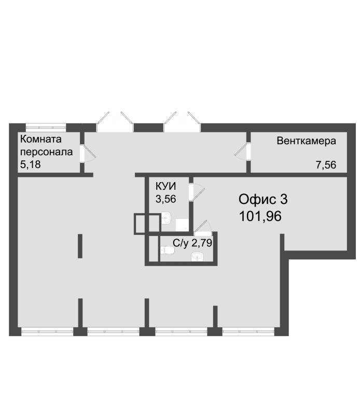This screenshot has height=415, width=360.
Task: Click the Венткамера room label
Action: (x=306, y=141)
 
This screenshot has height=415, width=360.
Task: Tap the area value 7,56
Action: (x=326, y=165)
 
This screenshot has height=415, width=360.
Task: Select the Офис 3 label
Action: (x=263, y=199)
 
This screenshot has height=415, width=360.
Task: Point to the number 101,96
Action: (x=260, y=216)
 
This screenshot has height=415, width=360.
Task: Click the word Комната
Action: (x=41, y=139)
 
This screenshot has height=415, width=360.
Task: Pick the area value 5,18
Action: (x=31, y=164)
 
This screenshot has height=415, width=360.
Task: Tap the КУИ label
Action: (x=165, y=186)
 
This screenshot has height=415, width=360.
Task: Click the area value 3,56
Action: (x=165, y=199)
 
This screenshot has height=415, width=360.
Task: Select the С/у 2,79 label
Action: (x=192, y=243)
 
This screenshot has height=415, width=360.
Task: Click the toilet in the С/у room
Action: (x=168, y=250)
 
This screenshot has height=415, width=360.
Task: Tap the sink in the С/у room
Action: (x=197, y=256)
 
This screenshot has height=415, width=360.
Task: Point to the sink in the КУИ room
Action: (x=166, y=218)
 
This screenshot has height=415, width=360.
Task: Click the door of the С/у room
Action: (x=202, y=228)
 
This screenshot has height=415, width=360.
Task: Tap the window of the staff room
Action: (x=46, y=127)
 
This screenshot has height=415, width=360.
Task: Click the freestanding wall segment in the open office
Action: (x=80, y=246)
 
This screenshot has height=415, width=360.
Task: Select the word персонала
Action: (x=46, y=152)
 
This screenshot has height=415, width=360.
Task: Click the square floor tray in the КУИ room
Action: (x=182, y=225)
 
